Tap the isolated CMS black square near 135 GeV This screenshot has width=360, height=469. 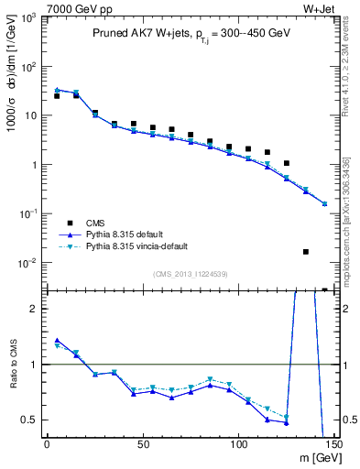(306, 252)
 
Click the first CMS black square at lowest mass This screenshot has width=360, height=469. (57, 96)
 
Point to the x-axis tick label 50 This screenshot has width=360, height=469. (142, 444)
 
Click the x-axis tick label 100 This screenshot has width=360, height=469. (238, 444)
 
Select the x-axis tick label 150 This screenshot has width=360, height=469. (333, 444)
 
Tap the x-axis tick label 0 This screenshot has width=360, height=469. (47, 444)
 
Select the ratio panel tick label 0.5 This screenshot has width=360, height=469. (29, 420)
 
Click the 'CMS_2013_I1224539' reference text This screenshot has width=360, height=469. (191, 273)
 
